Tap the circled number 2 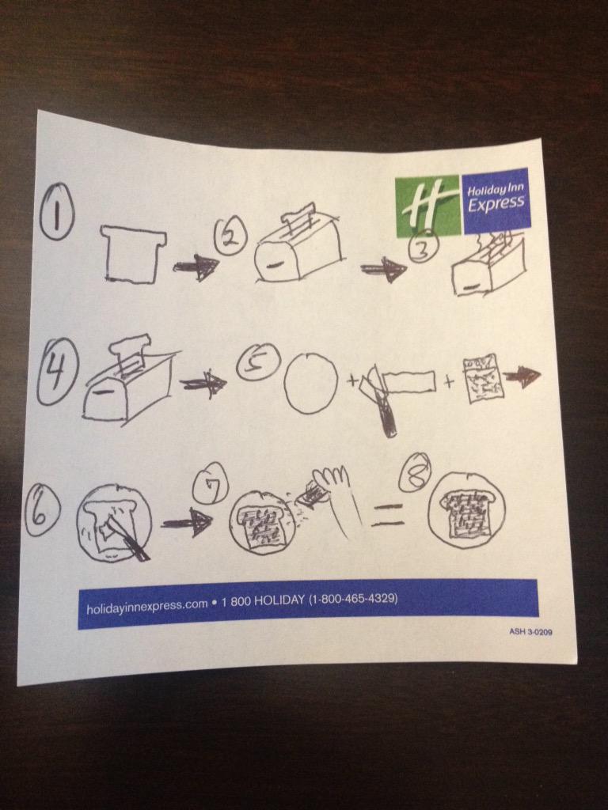coord(231,234)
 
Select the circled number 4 coord(57,372)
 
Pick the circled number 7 coord(210,483)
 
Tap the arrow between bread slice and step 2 coord(196,267)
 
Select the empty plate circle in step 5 coord(311,384)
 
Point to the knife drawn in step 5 coord(382,400)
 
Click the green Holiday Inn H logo coord(427,206)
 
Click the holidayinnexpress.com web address coord(146,606)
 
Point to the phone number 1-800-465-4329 coord(353,600)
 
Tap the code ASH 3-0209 coord(530,632)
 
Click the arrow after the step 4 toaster coord(203,384)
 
